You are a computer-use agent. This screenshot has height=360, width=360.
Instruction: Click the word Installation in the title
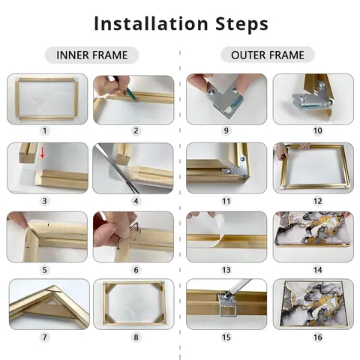(151, 23)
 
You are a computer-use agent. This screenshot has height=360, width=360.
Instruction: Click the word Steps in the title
(241, 24)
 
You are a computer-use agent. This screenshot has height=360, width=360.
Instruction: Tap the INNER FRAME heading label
(91, 55)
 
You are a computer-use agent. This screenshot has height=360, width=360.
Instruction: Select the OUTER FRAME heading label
(268, 55)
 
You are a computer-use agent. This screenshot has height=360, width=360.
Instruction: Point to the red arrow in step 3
(43, 152)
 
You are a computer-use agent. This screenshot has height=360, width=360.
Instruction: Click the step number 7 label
(44, 337)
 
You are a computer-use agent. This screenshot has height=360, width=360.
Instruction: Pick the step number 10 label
(317, 130)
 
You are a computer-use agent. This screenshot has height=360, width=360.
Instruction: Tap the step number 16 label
(317, 337)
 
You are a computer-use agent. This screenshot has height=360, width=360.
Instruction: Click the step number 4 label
(136, 201)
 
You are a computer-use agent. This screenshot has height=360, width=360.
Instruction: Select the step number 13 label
(226, 270)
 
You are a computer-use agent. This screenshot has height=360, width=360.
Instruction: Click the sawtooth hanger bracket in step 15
(226, 304)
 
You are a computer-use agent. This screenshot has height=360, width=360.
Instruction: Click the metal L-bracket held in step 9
(225, 100)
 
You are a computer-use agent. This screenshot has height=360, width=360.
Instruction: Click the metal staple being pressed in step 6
(134, 227)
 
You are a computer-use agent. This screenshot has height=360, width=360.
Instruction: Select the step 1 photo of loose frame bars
(47, 99)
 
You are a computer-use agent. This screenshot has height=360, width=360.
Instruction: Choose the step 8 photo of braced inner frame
(133, 304)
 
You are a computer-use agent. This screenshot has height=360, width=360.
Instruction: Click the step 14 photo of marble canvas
(313, 237)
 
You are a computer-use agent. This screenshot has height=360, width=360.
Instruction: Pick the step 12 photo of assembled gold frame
(313, 168)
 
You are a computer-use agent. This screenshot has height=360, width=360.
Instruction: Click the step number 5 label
(44, 270)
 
